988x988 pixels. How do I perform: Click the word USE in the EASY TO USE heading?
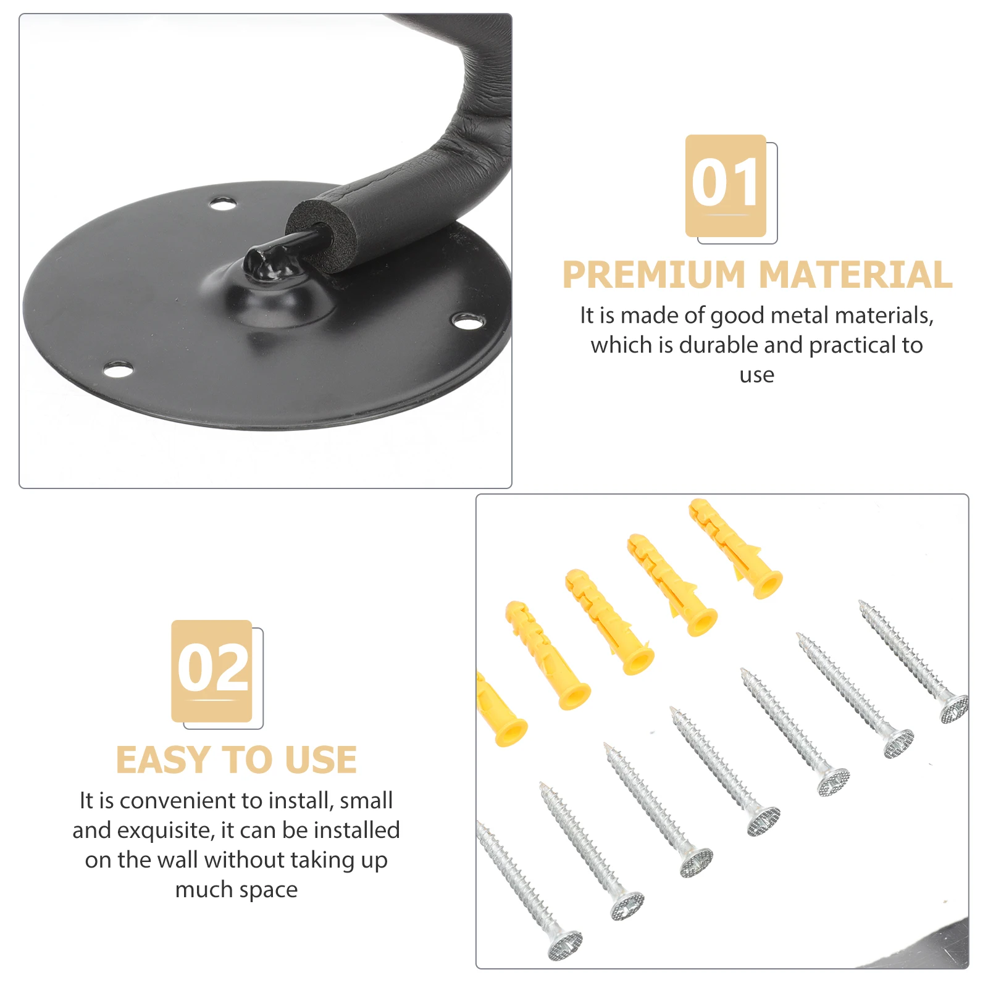pos(321,760)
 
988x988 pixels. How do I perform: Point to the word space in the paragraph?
pos(268,890)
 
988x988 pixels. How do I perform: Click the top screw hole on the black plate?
pos(222,203)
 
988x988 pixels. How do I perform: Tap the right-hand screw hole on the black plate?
pos(468,321)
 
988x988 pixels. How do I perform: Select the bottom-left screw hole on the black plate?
pos(118,370)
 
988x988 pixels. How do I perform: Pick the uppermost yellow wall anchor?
pos(735,548)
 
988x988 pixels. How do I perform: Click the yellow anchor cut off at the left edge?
pos(500,710)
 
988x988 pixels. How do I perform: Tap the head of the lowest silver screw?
pos(565,945)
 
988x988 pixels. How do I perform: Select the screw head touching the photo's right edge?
pos(954,709)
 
